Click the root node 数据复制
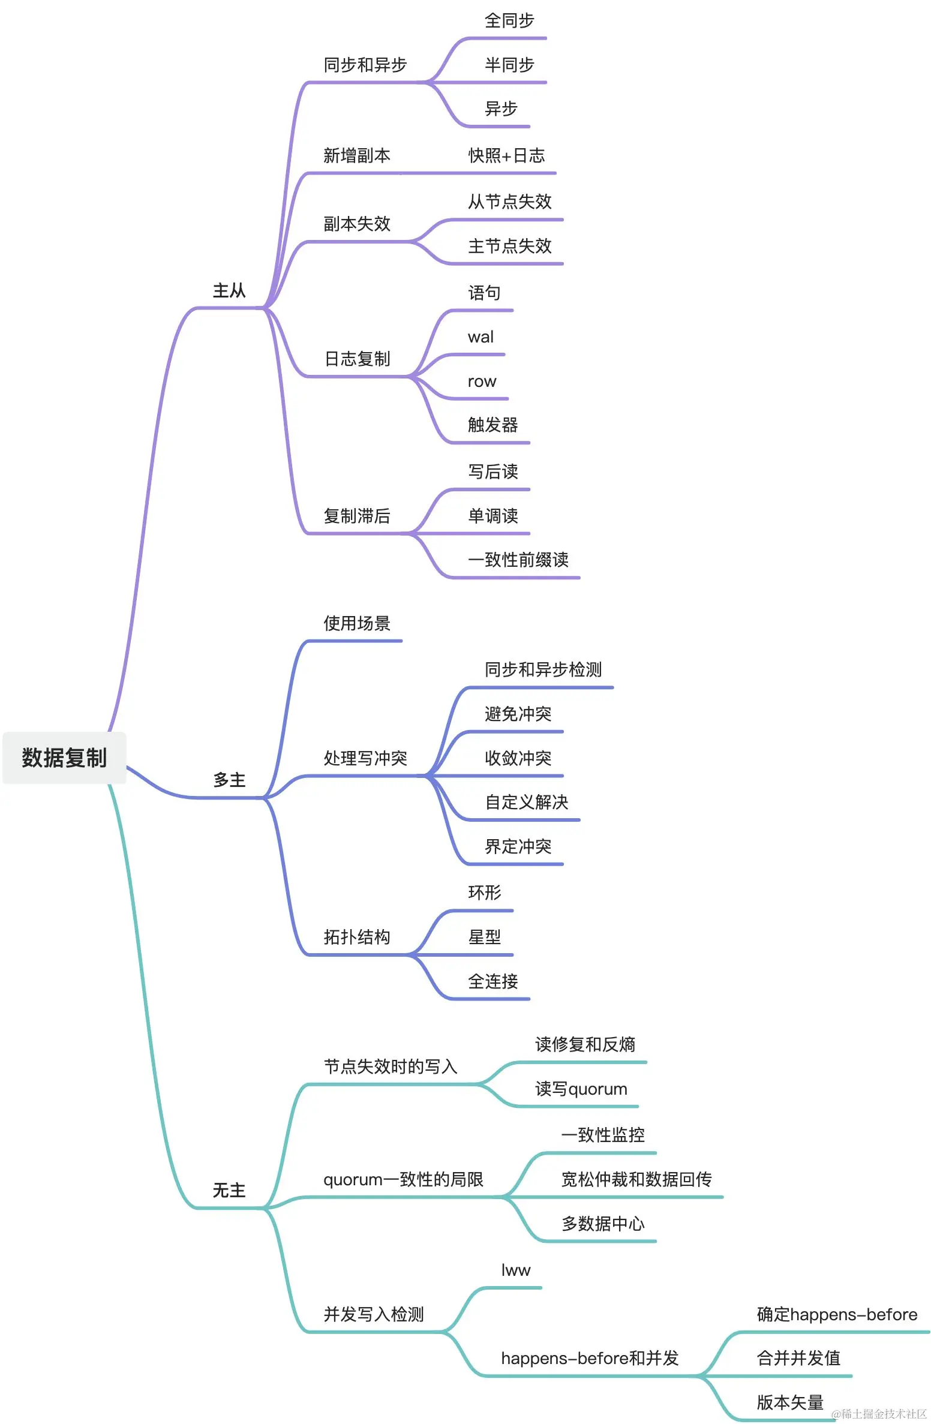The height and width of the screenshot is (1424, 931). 64,758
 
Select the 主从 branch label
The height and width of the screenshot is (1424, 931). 229,291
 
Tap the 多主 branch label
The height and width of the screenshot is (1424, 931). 229,780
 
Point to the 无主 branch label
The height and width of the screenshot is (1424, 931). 229,1190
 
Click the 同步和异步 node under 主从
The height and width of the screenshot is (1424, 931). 365,65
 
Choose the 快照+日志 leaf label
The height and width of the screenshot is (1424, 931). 506,156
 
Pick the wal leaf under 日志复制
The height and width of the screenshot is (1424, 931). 480,337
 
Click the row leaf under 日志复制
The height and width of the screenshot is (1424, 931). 482,381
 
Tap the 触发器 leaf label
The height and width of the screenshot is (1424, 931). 492,425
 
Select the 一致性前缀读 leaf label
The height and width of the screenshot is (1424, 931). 518,560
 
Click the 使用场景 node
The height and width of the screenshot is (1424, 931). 356,624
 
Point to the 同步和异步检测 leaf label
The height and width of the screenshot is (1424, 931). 543,669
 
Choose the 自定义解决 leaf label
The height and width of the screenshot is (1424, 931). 526,803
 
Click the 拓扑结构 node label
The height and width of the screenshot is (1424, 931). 356,937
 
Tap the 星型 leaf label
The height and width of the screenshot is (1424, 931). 484,937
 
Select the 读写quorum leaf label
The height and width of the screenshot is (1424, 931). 581,1089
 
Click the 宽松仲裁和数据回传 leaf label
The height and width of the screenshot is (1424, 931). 636,1179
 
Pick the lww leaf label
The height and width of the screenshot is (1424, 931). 515,1270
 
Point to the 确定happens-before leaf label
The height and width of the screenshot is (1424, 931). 837,1314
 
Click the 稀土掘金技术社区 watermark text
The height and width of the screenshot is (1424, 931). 879,1414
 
